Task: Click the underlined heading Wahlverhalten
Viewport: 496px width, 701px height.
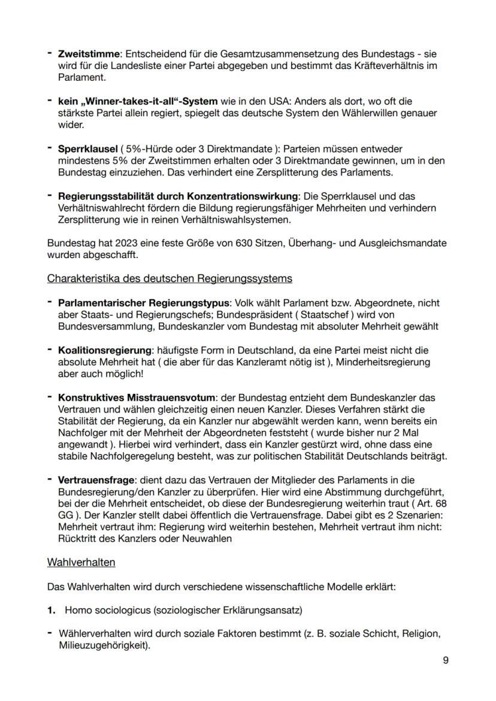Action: click(x=81, y=563)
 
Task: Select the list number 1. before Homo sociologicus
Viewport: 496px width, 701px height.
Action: click(x=52, y=610)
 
